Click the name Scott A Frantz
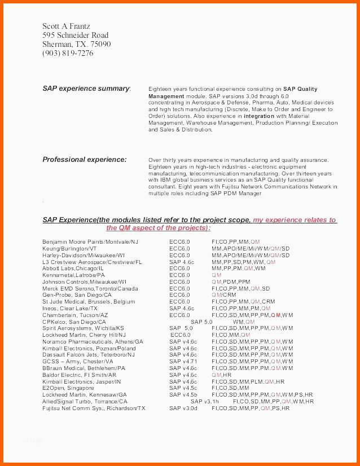click(66, 26)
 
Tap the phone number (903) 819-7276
click(68, 53)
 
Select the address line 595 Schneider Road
click(75, 35)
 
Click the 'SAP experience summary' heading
click(86, 89)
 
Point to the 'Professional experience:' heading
click(85, 160)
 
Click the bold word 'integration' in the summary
click(258, 116)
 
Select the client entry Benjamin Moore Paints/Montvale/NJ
click(90, 241)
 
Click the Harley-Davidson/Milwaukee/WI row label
click(83, 255)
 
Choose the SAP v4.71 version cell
click(183, 362)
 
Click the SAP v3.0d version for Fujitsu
click(183, 408)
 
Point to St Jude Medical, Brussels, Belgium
click(89, 302)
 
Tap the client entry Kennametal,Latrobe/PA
click(73, 275)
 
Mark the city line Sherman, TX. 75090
click(76, 44)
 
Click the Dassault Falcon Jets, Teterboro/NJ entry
click(89, 355)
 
